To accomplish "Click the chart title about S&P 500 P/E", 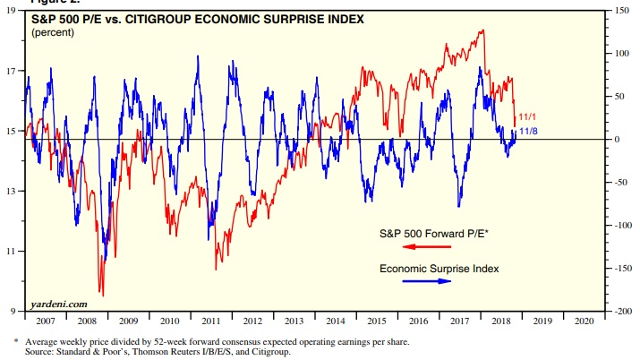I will [199, 18].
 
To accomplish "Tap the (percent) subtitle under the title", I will [53, 32].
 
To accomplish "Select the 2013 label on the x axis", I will [294, 320].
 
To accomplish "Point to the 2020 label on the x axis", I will [584, 320].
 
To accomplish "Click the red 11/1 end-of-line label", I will [529, 117].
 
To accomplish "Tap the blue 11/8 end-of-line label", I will [529, 132].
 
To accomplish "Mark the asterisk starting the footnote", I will [15, 341].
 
